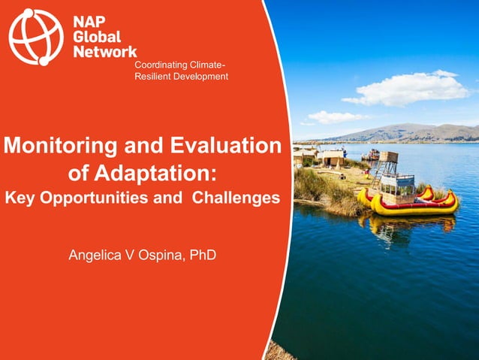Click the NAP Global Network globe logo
[37, 36]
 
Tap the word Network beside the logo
[105, 52]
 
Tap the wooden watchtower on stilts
[388, 162]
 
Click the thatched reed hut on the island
[331, 159]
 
